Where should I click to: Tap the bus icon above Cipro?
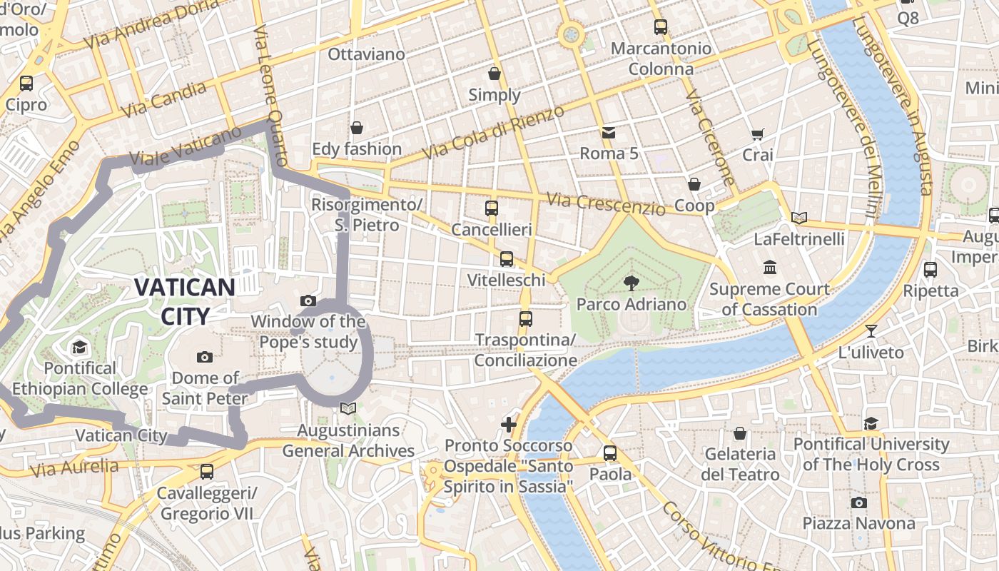(x=26, y=84)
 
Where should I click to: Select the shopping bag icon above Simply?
(x=494, y=74)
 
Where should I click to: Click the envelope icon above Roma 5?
(x=609, y=132)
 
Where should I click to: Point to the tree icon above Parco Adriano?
(x=631, y=283)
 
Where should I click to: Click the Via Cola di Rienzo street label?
(x=492, y=132)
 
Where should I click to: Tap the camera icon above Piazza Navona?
(x=859, y=502)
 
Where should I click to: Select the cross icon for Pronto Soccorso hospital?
(x=508, y=425)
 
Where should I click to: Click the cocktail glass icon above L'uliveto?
(x=871, y=331)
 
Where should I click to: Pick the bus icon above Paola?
(x=610, y=453)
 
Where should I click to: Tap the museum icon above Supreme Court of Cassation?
(x=770, y=268)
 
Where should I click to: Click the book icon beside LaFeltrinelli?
(x=799, y=218)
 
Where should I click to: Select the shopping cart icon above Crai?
(x=757, y=134)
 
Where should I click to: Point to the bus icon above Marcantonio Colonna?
(x=661, y=27)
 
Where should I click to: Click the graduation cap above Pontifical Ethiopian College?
(x=79, y=348)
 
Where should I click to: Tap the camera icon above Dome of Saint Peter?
(x=205, y=357)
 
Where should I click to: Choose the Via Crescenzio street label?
(x=606, y=204)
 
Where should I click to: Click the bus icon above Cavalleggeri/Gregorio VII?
(x=207, y=472)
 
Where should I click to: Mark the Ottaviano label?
(x=366, y=54)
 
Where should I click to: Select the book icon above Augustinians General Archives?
(x=348, y=409)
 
